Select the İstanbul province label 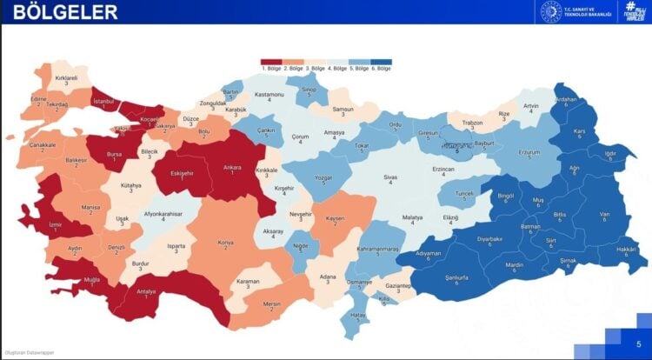pos(103,103)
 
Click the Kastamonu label pos(269,95)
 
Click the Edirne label pos(37,100)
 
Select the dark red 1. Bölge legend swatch pos(272,62)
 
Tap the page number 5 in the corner pos(638,343)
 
